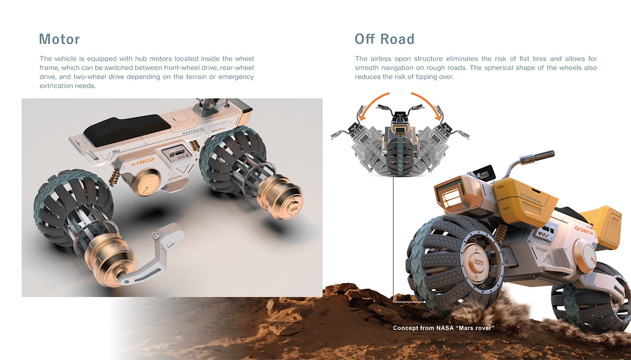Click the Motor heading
(x=59, y=39)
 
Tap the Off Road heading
(x=384, y=39)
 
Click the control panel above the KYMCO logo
(x=176, y=154)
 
